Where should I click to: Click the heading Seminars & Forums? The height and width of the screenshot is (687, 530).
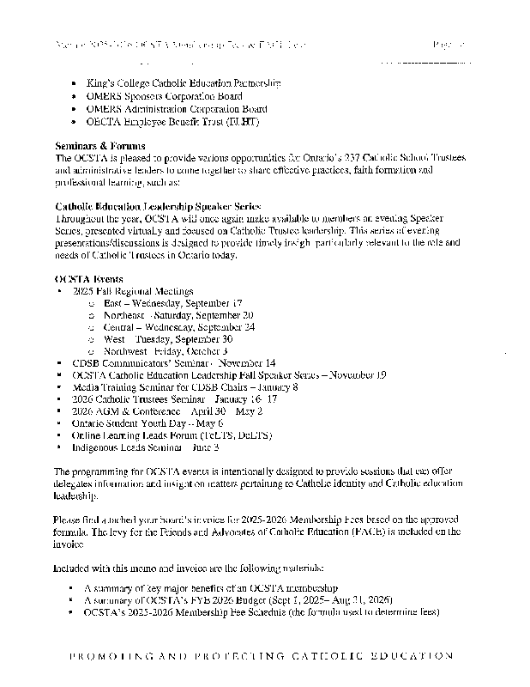pos(99,147)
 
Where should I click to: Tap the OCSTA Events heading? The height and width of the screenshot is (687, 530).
pos(88,279)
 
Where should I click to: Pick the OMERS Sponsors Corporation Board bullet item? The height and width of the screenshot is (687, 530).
pos(164,96)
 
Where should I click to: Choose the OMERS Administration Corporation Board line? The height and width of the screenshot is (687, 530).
pos(177,109)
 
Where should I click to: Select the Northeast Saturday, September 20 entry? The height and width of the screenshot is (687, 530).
pos(178,315)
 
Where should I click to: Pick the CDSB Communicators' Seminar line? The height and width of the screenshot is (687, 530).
pos(174,363)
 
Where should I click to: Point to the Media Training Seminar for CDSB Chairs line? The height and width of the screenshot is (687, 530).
pos(185,387)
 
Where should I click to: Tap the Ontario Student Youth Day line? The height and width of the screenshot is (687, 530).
pos(148,423)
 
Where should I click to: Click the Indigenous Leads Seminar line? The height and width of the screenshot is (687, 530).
pos(146,447)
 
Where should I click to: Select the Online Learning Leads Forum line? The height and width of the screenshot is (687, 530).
pos(172,435)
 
